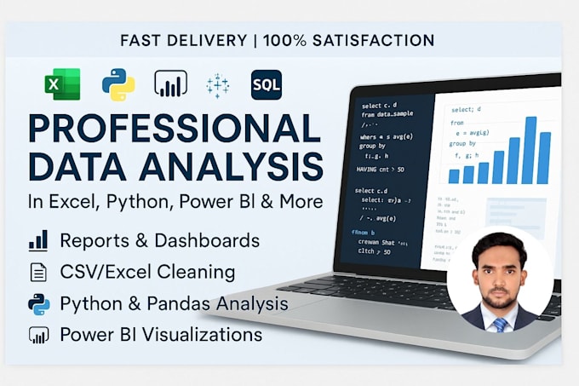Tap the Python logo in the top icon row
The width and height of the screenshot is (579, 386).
pos(118,84)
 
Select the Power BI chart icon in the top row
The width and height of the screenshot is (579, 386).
pos(170,84)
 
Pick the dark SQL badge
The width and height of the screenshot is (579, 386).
pos(267,84)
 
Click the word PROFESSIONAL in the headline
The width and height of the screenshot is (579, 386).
pos(174,128)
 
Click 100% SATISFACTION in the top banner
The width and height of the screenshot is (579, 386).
pos(348,40)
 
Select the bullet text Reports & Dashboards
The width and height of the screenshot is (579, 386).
pos(159,241)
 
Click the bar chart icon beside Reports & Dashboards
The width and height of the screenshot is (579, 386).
pos(38,241)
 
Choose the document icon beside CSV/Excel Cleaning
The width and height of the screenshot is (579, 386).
pos(38,273)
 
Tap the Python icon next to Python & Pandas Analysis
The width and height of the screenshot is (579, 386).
pos(38,303)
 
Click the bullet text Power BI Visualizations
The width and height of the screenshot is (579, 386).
pos(161,334)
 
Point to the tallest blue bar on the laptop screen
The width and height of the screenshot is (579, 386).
pos(530,150)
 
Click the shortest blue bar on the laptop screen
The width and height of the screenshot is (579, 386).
pos(454,176)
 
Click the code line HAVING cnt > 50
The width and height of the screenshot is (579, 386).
pos(381,170)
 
